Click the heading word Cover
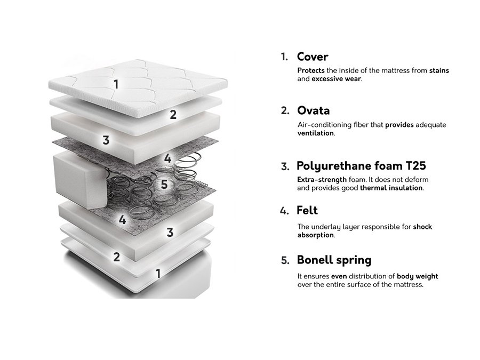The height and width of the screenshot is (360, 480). [x=312, y=57]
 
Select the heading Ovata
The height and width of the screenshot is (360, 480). [x=313, y=110]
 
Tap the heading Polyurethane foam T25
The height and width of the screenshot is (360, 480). [x=361, y=166]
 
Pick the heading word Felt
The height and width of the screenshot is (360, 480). [x=307, y=210]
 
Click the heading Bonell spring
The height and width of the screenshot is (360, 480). [x=334, y=260]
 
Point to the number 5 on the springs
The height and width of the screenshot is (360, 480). [x=164, y=185]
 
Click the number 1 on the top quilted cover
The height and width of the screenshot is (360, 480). [x=116, y=84]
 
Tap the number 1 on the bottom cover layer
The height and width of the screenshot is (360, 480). [x=158, y=274]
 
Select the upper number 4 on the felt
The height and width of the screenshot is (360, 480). [x=168, y=158]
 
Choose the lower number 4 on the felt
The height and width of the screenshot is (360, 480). [x=123, y=220]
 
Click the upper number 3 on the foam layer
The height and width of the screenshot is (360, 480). [x=106, y=140]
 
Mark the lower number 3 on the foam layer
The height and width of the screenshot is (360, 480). [x=170, y=233]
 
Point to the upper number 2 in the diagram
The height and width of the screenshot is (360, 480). [x=173, y=115]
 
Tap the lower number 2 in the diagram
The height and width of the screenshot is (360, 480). [x=116, y=257]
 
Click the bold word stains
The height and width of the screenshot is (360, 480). [x=439, y=70]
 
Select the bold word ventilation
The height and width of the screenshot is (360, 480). [x=315, y=133]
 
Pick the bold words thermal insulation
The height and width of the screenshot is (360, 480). [x=391, y=188]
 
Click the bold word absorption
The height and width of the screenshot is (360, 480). [x=315, y=235]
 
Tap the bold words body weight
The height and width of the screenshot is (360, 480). [x=418, y=276]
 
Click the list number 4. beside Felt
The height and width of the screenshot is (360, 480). [x=284, y=211]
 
